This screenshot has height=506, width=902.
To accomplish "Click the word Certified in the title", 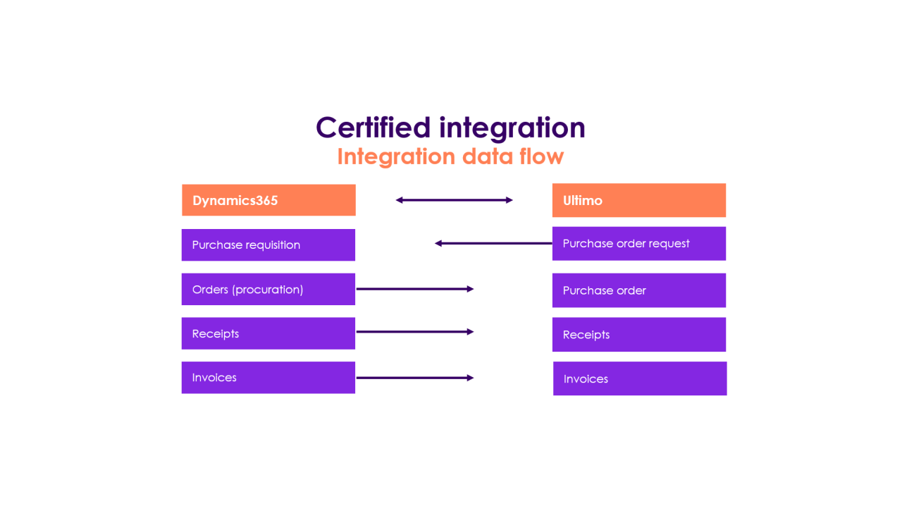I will [373, 128].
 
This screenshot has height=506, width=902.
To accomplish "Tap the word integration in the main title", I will [512, 128].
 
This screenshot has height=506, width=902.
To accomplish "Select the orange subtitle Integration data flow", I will [450, 156].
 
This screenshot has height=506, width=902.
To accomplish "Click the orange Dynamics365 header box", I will [268, 200].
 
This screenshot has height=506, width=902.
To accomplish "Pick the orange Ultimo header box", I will [638, 200].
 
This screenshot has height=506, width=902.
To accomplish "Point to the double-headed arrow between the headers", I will [454, 200].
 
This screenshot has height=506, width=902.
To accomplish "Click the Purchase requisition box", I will [268, 245].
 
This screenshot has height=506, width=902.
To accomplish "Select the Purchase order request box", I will [638, 244].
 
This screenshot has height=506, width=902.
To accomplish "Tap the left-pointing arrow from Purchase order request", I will [493, 243].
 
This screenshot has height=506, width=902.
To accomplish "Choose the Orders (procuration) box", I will [268, 289].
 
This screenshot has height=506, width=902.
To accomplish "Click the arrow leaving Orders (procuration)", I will [415, 289].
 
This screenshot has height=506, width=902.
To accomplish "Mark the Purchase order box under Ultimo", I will [638, 290].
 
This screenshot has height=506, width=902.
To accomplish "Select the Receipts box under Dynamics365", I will [268, 333].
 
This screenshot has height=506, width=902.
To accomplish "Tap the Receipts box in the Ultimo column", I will [638, 335].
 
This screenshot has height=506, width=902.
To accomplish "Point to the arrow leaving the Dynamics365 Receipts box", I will [415, 331].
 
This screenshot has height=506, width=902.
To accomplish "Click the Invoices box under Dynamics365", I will [268, 378].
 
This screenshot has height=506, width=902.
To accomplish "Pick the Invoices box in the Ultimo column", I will [639, 378].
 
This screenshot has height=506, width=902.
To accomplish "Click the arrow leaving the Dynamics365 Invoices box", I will [415, 378].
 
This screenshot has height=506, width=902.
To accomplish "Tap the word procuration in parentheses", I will [267, 290].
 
